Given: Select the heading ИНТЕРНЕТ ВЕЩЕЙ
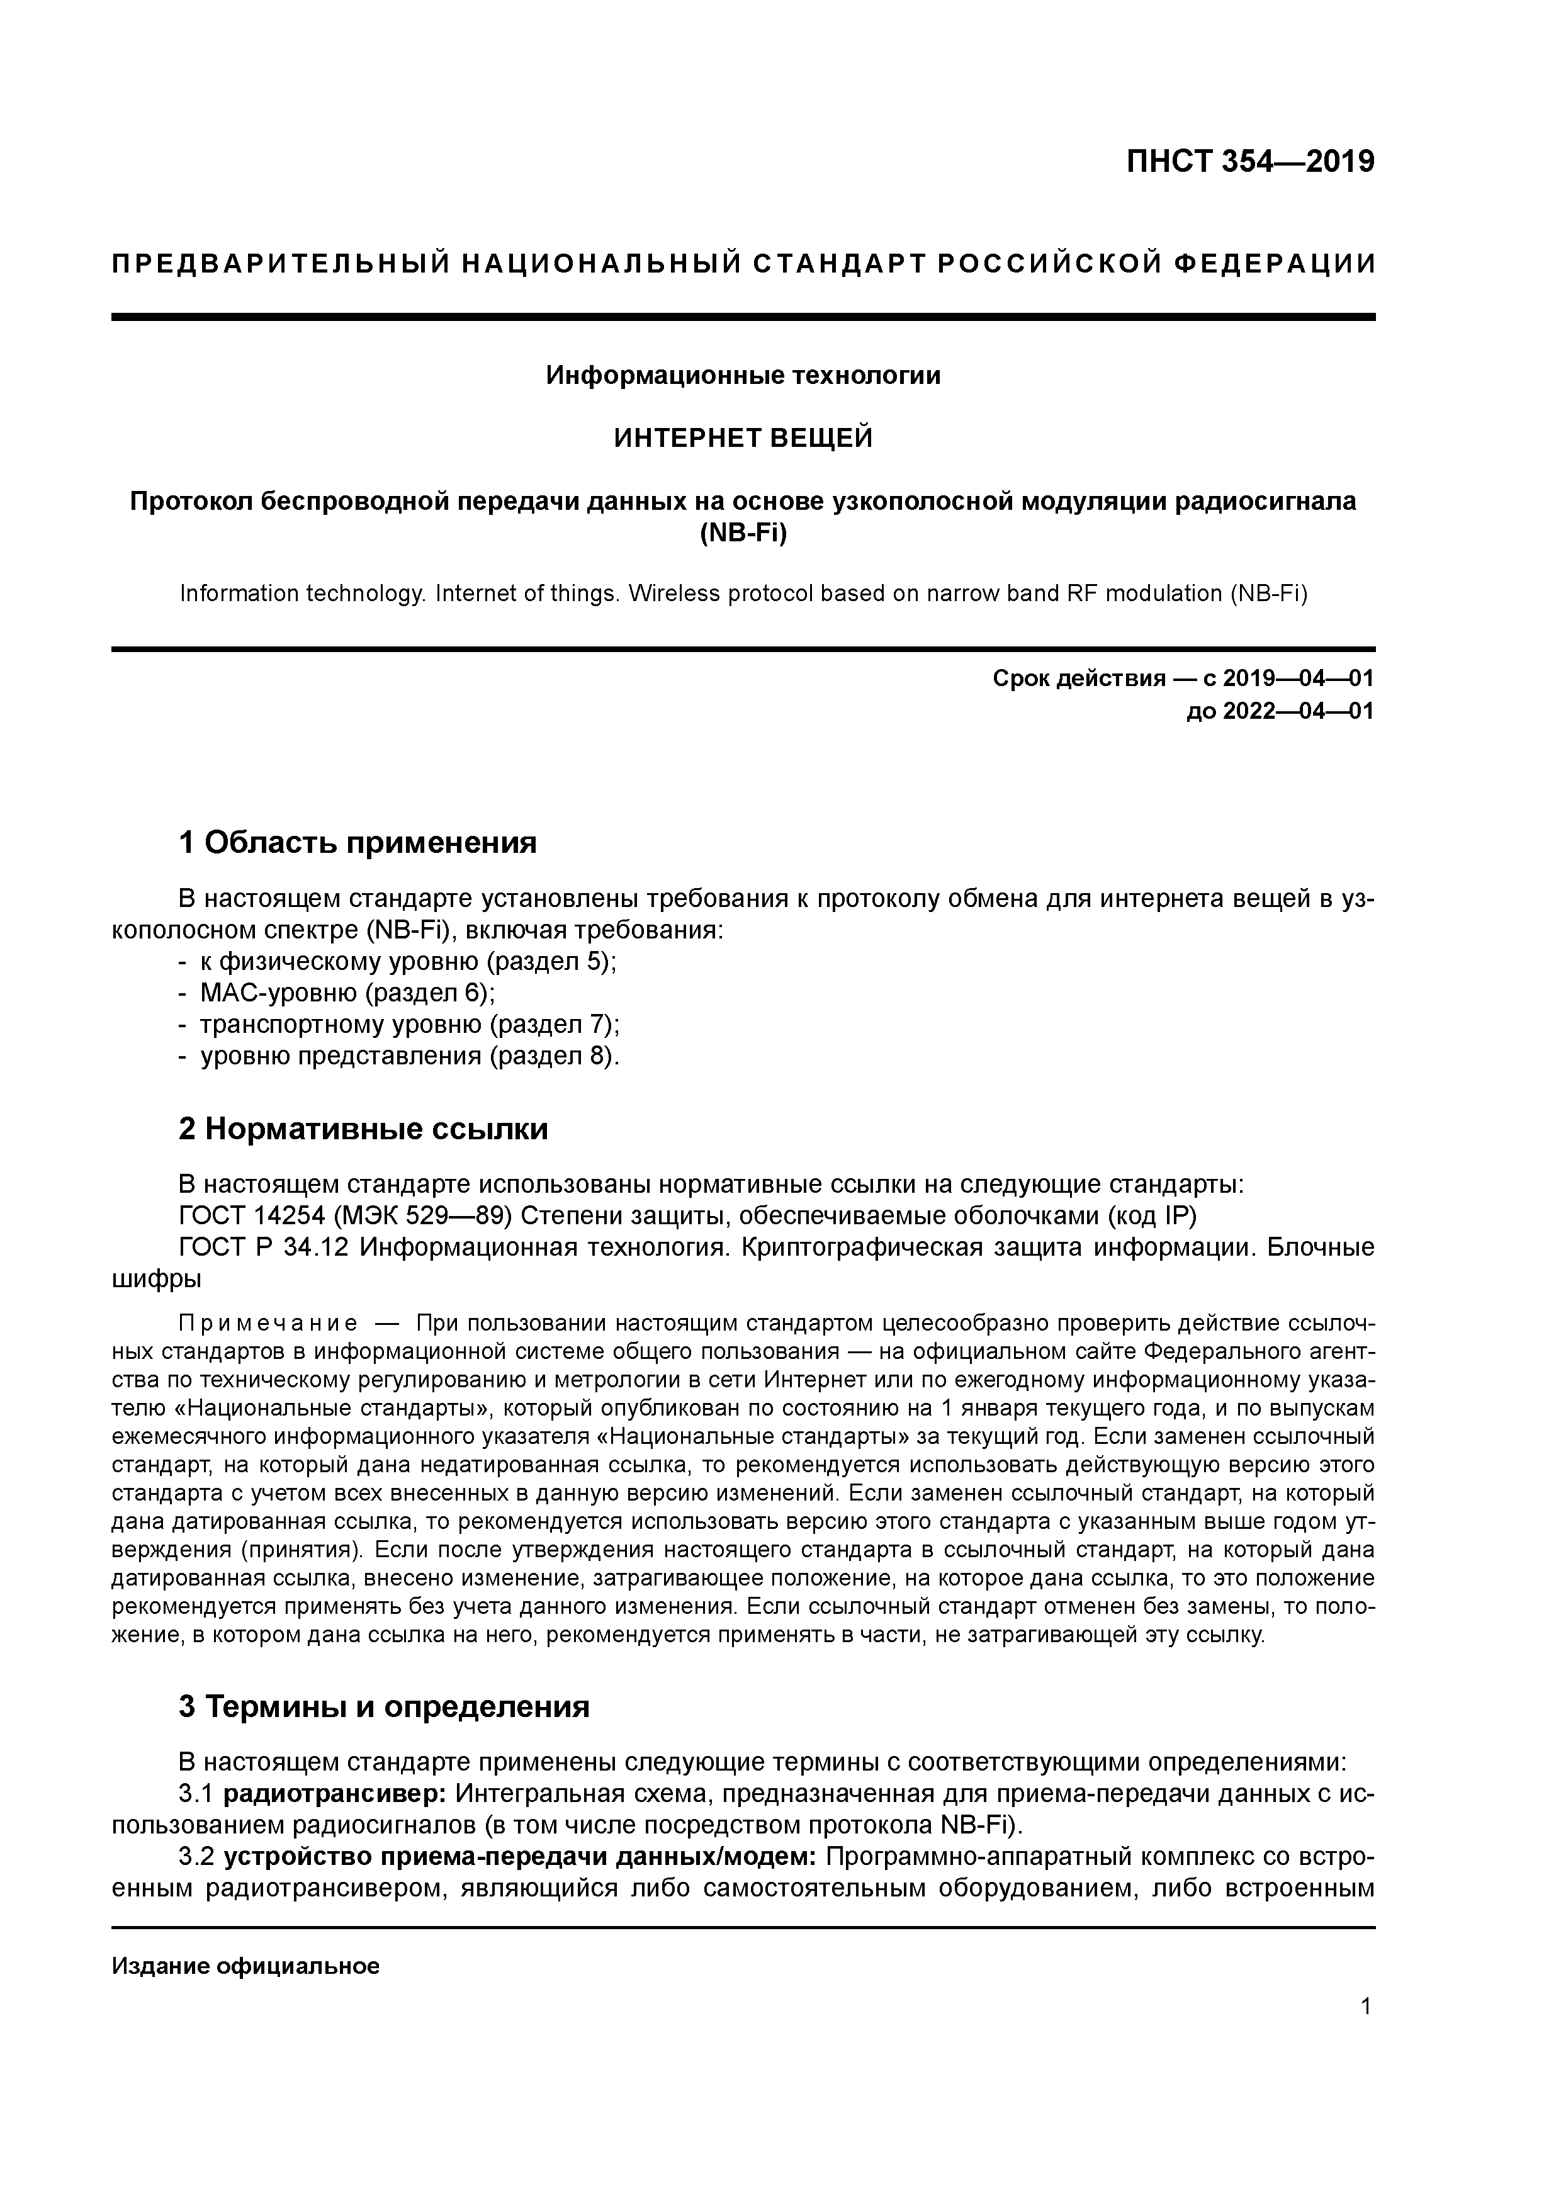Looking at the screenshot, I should coord(743,439).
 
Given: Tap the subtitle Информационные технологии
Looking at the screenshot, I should coord(743,375).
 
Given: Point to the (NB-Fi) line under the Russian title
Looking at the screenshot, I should coord(743,532).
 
